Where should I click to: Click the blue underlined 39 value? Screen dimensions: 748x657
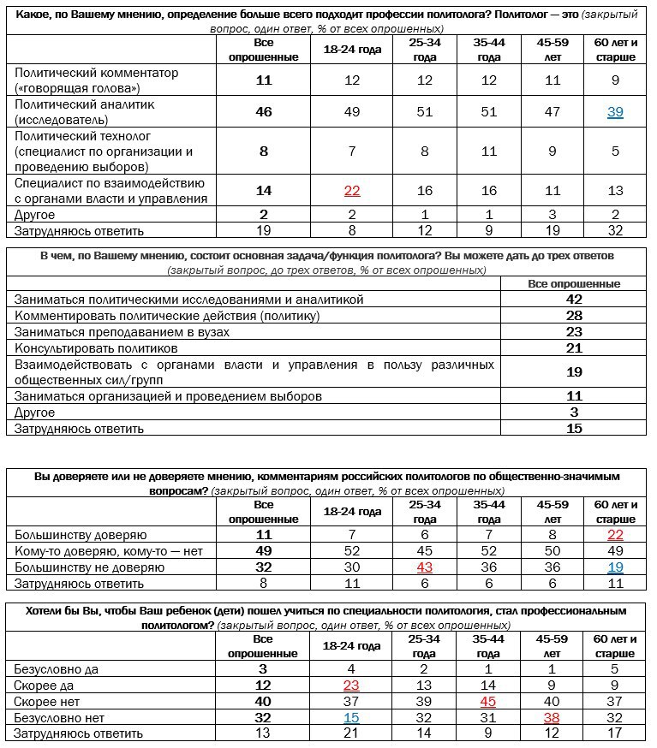tap(615, 112)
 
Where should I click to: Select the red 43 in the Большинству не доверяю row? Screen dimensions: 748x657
tap(425, 567)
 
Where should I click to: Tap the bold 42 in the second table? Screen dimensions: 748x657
tap(574, 300)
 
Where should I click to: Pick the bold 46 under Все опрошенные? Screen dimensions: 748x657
tap(264, 112)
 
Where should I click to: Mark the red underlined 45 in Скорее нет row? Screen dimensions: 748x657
tap(489, 701)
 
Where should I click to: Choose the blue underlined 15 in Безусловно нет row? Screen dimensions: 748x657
tap(352, 717)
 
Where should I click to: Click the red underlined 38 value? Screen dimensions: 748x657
tap(552, 717)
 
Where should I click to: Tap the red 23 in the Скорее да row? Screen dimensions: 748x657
tap(352, 685)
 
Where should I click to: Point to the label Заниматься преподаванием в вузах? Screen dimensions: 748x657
tap(122, 332)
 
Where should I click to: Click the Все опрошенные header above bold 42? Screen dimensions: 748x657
tap(574, 283)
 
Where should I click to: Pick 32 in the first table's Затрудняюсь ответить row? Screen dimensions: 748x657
tap(615, 230)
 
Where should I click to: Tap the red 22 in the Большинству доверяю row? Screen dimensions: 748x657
tap(615, 535)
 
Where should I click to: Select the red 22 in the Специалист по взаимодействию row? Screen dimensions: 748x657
tap(352, 191)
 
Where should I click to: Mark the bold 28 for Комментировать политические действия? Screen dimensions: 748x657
tap(574, 316)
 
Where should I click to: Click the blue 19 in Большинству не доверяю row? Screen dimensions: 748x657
tap(615, 567)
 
